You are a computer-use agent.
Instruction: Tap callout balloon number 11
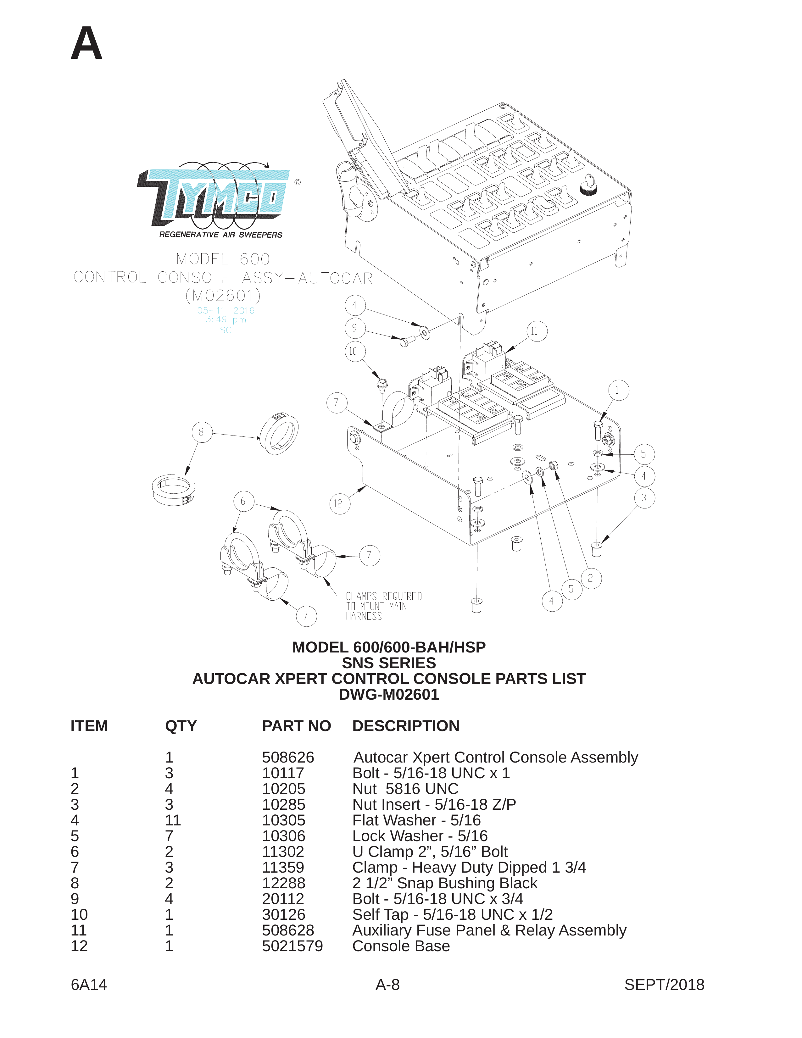tap(537, 331)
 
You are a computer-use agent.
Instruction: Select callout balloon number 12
tap(339, 504)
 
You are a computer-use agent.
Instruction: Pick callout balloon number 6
tap(244, 502)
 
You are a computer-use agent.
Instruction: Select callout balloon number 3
tap(644, 498)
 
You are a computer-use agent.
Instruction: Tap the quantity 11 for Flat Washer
tap(173, 820)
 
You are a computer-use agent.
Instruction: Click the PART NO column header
tap(296, 726)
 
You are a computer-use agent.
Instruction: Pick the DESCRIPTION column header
tap(406, 726)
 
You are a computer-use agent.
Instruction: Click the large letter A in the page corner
tap(86, 43)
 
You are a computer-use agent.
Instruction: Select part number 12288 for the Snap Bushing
tap(283, 883)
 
